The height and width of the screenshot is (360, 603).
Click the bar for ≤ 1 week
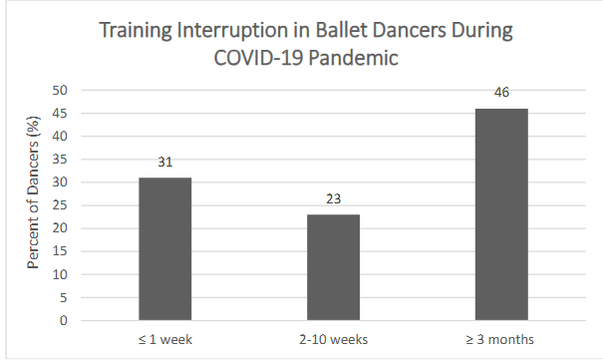click(x=164, y=249)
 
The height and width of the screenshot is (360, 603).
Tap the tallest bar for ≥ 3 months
click(x=500, y=214)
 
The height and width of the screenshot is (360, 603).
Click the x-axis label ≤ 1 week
click(x=164, y=341)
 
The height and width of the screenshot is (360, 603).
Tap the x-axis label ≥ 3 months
click(x=500, y=341)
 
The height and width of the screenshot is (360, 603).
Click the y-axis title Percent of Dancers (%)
click(x=32, y=205)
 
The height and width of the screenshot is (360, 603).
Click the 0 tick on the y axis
click(x=64, y=321)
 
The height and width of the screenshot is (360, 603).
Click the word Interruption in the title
click(x=226, y=31)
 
